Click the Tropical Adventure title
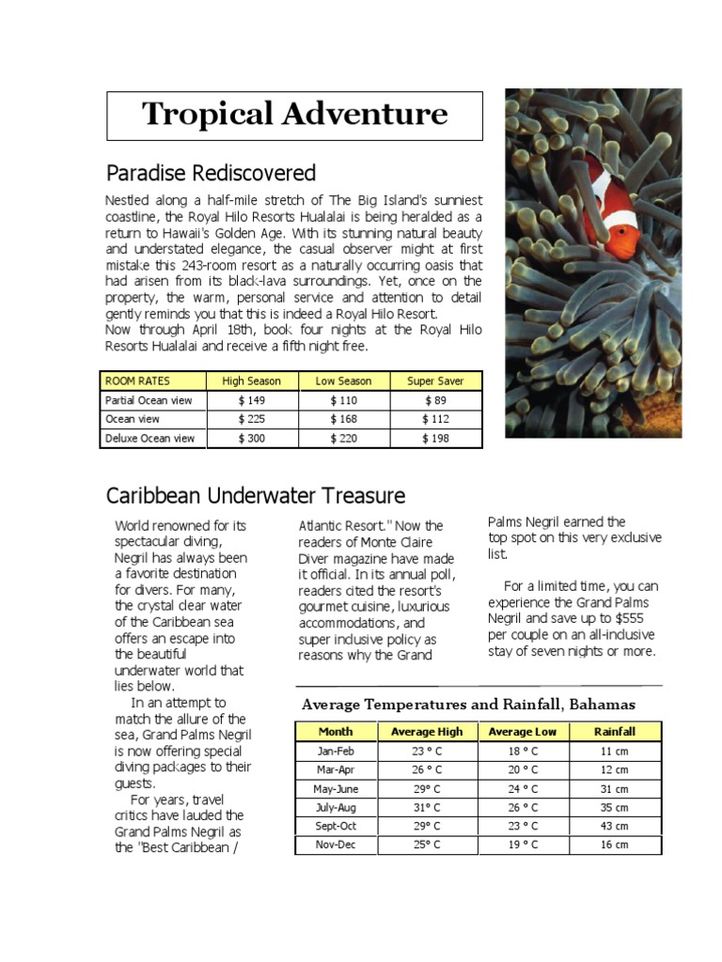click(x=294, y=115)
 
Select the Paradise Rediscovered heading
click(x=211, y=173)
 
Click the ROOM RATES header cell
click(x=133, y=381)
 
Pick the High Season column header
click(x=251, y=381)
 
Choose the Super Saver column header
click(x=435, y=381)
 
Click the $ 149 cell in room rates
click(x=251, y=400)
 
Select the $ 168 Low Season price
click(x=343, y=419)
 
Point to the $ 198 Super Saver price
click(x=435, y=438)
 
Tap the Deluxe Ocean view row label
click(x=150, y=438)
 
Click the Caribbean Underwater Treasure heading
click(x=256, y=495)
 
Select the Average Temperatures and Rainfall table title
click(x=468, y=704)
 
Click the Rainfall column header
click(x=615, y=732)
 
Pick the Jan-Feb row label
click(x=336, y=751)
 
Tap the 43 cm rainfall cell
click(x=615, y=826)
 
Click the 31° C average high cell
click(x=427, y=807)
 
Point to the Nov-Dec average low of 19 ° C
click(x=524, y=845)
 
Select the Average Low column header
click(x=523, y=732)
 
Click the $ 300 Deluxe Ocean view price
click(x=251, y=438)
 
